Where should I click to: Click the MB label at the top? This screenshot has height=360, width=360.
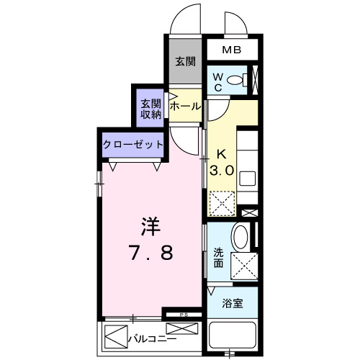[x=230, y=50]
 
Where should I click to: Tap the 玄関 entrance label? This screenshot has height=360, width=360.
[x=185, y=62]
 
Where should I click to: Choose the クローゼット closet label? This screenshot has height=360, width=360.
[x=133, y=144]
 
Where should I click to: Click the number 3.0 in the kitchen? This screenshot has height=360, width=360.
[x=221, y=172]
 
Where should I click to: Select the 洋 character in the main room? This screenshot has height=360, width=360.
[x=150, y=227]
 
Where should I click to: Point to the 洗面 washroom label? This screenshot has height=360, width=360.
[x=219, y=258]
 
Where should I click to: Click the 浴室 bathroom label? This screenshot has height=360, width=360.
[x=231, y=303]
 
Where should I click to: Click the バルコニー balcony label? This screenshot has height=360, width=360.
[x=152, y=337]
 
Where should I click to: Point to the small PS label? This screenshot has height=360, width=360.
[x=184, y=314]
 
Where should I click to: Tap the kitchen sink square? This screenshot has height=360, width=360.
[x=246, y=179]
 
